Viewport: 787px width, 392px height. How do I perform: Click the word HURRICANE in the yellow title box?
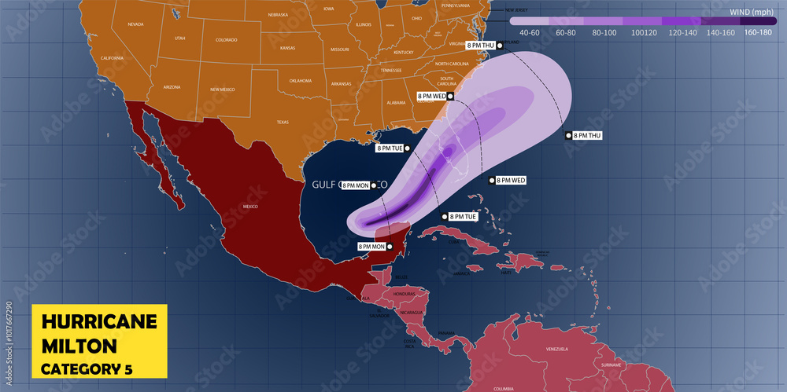coord(99,321)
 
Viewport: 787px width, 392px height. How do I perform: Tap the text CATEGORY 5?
coord(87,368)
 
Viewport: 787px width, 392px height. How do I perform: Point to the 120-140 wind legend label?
coord(683,33)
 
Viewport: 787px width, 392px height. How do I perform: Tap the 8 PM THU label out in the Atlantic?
coord(587,136)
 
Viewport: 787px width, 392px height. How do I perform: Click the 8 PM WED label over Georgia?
coord(431,96)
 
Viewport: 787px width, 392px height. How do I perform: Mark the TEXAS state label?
coord(282,123)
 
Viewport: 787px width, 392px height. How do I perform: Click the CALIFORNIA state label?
coord(112,58)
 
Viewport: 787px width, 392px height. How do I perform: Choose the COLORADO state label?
coord(226,40)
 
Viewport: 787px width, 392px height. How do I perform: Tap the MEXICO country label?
coord(250,206)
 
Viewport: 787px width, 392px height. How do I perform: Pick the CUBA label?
coord(452,242)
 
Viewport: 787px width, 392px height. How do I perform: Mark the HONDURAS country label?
coord(404,294)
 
